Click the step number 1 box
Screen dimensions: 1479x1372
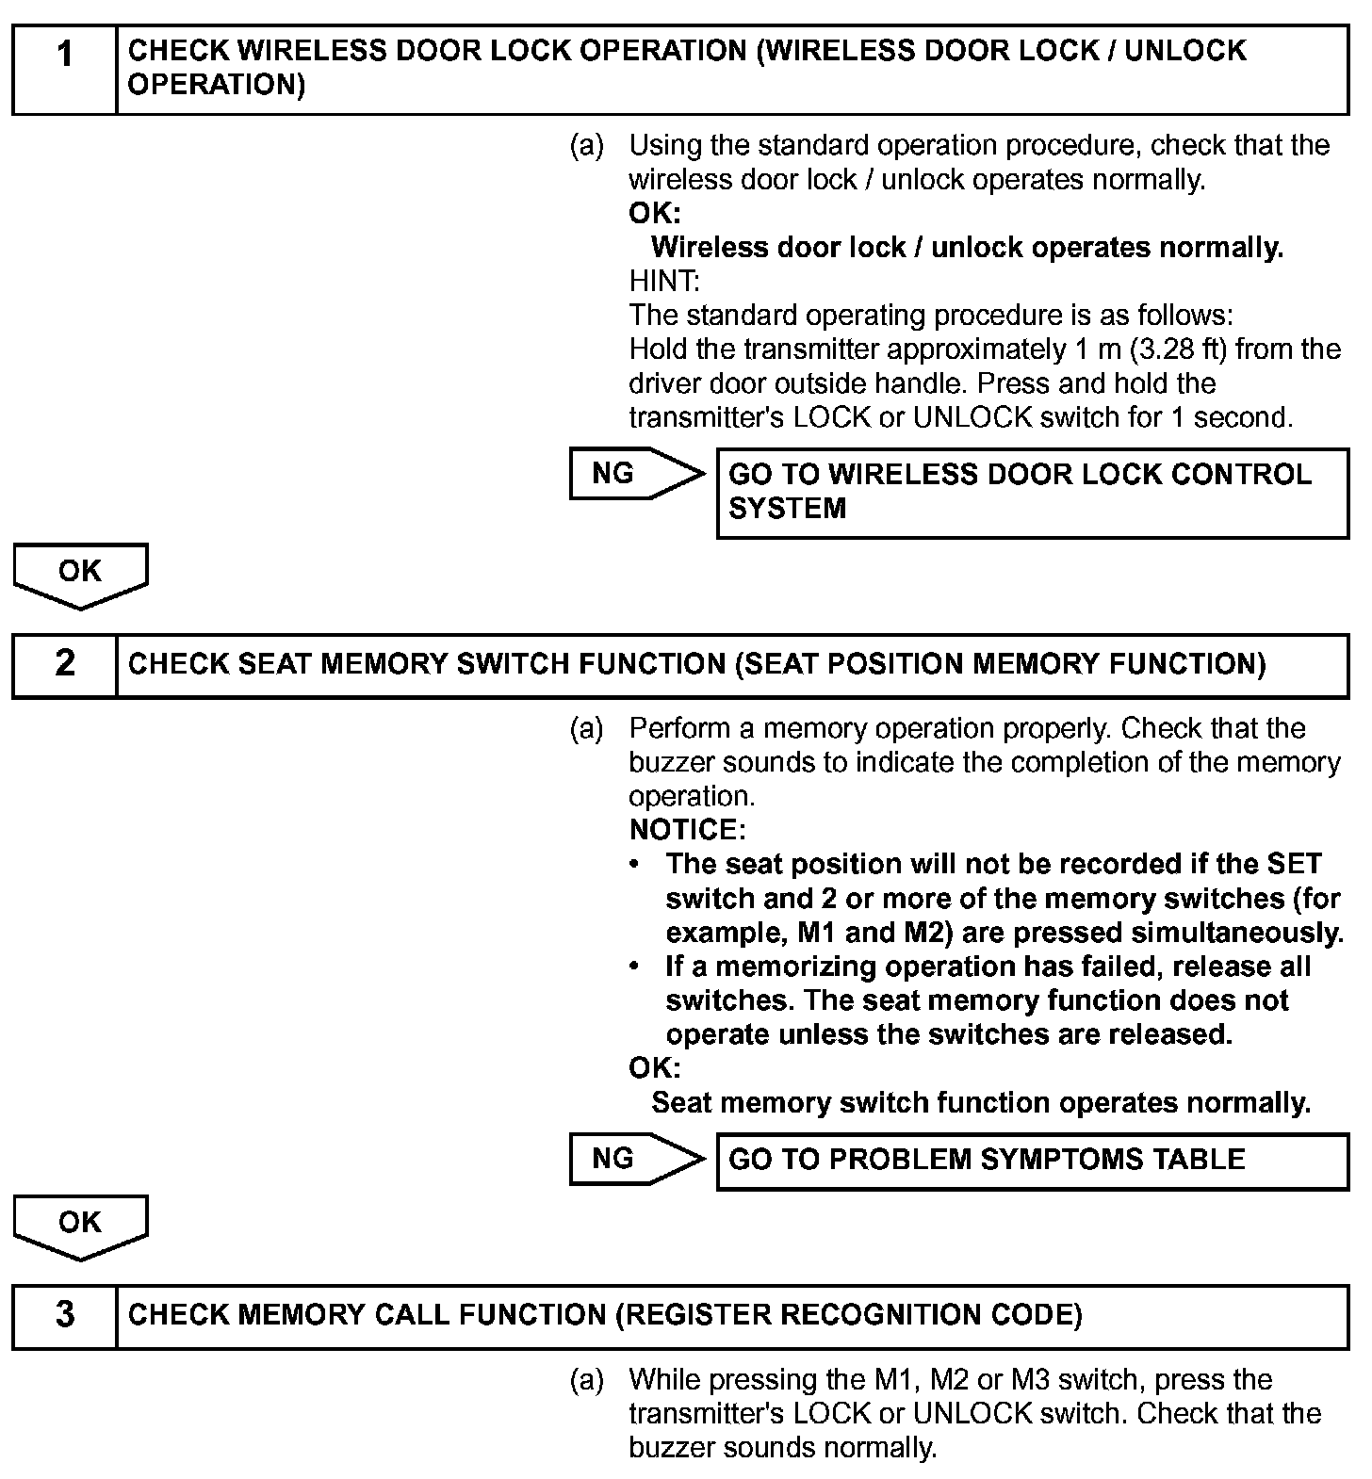tap(64, 70)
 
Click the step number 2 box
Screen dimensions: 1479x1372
tap(64, 665)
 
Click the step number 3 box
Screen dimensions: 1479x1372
tap(64, 1316)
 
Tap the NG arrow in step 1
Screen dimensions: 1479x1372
tap(636, 474)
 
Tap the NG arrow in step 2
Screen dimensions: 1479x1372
tap(636, 1159)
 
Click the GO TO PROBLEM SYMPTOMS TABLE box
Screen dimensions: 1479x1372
tap(1032, 1161)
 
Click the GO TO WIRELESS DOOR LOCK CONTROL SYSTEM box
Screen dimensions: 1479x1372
tap(1032, 492)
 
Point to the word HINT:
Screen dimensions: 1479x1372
tap(664, 282)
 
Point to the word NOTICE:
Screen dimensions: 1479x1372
tap(687, 830)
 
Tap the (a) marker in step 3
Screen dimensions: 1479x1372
tap(586, 1380)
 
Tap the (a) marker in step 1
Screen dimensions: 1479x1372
tap(586, 146)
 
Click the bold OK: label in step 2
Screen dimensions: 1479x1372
tap(654, 1068)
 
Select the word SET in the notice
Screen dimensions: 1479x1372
tap(1294, 864)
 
